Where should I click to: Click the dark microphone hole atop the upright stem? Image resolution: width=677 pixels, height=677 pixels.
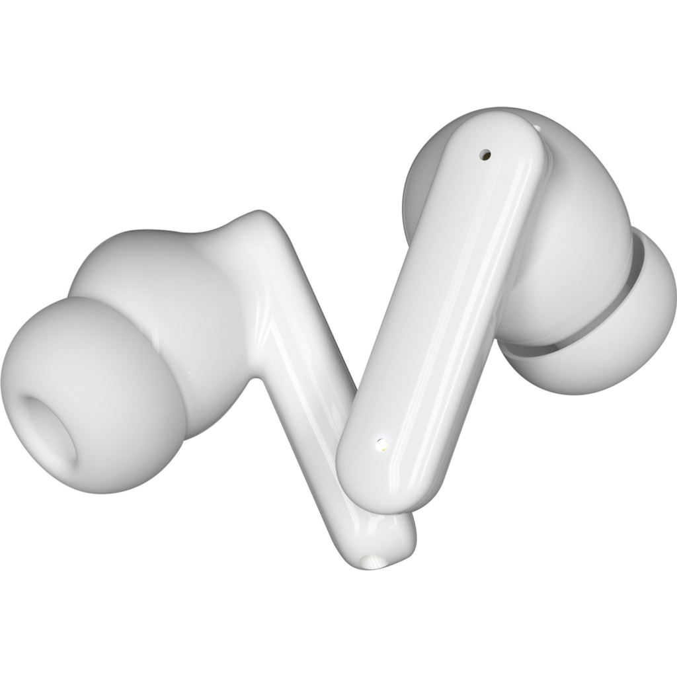click(x=487, y=154)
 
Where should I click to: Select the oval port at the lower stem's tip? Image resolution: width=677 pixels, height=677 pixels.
click(x=371, y=561)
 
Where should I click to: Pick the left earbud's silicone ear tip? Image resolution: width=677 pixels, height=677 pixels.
click(x=93, y=397)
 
